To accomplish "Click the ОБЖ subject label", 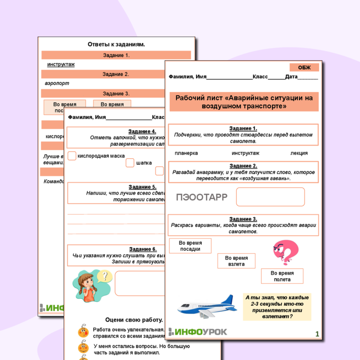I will (x=304, y=67).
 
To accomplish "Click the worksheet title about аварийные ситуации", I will (x=244, y=102).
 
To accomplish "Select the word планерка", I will (x=186, y=153).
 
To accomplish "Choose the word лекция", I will (x=299, y=153).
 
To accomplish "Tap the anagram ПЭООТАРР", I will (x=202, y=197).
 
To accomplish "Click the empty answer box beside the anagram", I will (x=270, y=197).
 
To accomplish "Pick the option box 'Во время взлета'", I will (x=236, y=261).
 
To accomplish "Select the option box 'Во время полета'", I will (x=282, y=276).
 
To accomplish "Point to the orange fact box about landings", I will (x=277, y=307).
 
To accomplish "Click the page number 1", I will (x=318, y=333).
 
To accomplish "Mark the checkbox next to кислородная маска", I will (x=71, y=155).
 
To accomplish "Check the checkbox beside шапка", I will (x=130, y=163).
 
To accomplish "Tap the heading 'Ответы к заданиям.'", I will (x=116, y=44).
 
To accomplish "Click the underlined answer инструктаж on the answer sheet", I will (x=61, y=64).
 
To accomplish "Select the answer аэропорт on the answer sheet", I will (x=57, y=83).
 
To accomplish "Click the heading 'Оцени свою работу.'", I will (x=134, y=320).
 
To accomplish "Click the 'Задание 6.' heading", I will (x=142, y=249).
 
